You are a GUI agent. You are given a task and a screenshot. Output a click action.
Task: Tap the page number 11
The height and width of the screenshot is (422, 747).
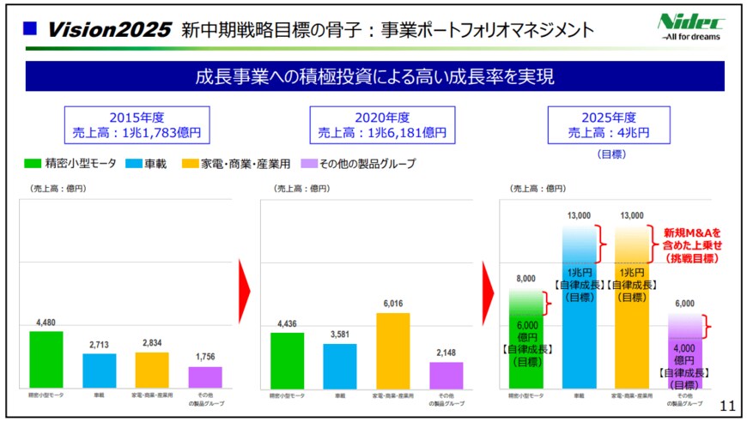(x=726, y=406)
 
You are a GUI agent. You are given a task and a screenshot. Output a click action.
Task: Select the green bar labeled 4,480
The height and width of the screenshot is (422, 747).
(x=46, y=359)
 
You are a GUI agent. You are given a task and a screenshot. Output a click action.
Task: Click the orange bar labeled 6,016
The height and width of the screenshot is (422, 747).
(x=392, y=351)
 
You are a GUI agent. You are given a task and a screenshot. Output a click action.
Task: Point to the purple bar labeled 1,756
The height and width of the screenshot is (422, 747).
(x=204, y=377)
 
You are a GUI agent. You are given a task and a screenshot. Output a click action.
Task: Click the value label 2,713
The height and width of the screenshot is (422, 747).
(x=99, y=345)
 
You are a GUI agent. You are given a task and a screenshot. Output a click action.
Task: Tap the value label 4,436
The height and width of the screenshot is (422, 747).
(x=287, y=323)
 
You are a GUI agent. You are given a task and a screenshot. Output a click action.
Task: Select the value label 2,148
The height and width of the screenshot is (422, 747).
(x=446, y=353)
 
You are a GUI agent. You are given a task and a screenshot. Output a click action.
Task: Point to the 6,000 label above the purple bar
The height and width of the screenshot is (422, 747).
(x=684, y=304)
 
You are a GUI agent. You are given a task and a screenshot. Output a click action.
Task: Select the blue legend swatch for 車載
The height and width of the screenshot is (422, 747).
(x=134, y=163)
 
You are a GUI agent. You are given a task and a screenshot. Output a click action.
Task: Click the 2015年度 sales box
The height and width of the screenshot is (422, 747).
(x=137, y=125)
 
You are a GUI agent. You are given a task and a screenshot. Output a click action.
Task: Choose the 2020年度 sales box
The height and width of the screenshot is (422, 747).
(x=382, y=125)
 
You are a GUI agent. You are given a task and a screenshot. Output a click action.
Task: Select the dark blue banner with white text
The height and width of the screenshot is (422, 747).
(x=373, y=75)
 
